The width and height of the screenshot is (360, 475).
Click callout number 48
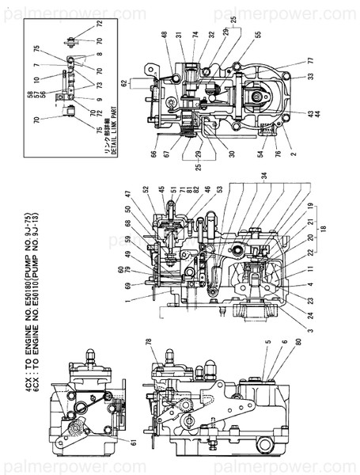(165, 34)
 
